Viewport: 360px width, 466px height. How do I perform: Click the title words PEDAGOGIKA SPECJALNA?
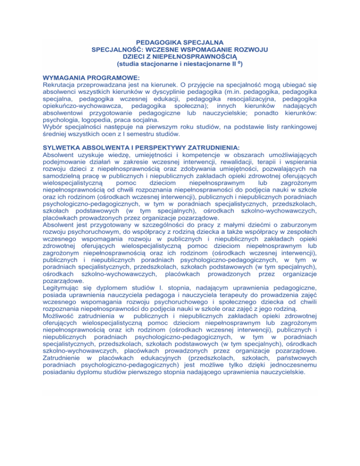pos(180,43)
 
